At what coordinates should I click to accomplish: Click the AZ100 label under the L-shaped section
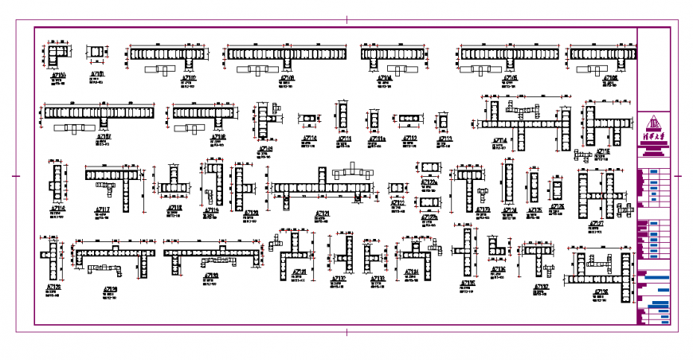[x=57, y=76]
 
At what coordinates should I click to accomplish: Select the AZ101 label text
[x=96, y=74]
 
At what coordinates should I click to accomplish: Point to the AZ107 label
[x=104, y=137]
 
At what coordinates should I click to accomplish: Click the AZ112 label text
[x=409, y=139]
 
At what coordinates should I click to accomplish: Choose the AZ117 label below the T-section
[x=104, y=209]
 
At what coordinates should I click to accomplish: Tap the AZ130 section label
[x=211, y=276]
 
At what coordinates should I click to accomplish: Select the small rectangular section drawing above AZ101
[x=96, y=53]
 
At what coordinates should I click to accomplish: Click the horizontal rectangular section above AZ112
[x=409, y=120]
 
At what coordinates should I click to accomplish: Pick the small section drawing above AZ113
[x=443, y=120]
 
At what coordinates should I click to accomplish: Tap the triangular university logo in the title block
[x=654, y=123]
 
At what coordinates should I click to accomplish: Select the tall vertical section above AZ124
[x=508, y=183]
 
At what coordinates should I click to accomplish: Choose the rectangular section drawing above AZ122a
[x=430, y=168]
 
